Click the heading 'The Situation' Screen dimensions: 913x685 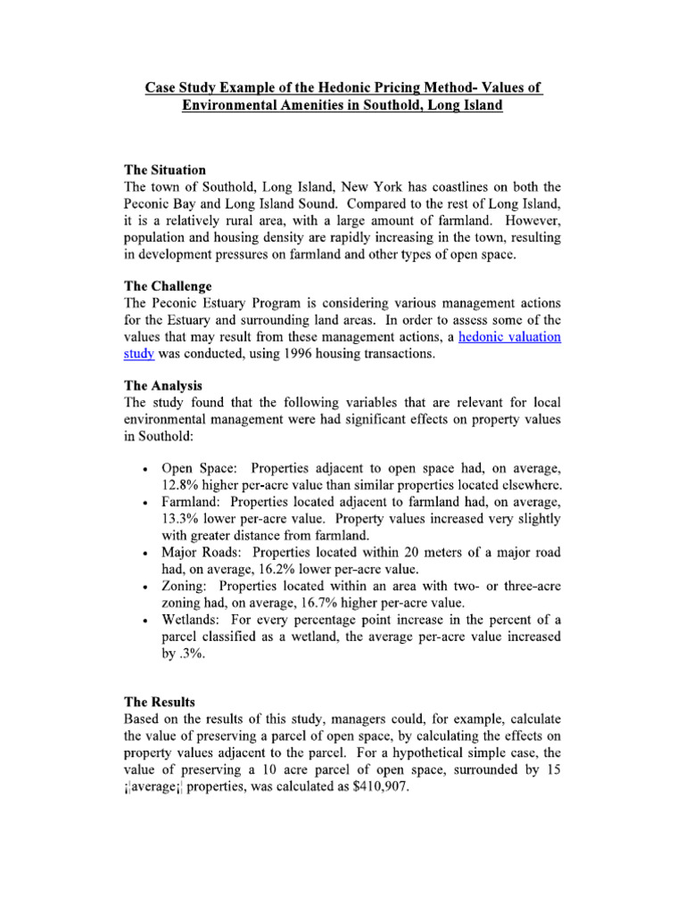[x=165, y=169]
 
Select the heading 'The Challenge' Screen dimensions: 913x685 [x=168, y=287]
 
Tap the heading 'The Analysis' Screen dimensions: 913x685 [x=164, y=386]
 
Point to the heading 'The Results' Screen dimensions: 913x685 [x=159, y=702]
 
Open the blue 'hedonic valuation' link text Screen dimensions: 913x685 [x=509, y=337]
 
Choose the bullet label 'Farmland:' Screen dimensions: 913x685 [x=192, y=502]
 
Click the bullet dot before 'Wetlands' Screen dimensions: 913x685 [x=144, y=622]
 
